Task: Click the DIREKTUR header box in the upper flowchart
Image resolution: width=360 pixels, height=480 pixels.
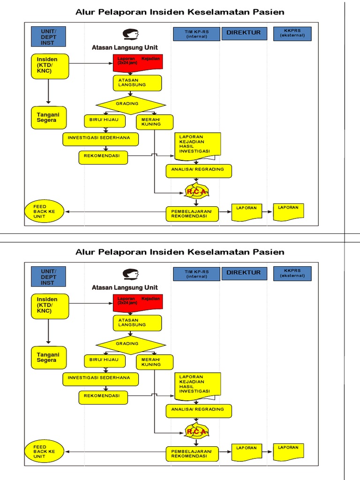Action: pos(244,33)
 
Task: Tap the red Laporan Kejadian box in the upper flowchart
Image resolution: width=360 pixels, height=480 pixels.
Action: pos(138,63)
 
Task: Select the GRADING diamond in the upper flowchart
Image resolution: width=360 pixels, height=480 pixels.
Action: pos(130,104)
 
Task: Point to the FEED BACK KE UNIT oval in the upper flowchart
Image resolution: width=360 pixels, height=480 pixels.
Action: pos(45,212)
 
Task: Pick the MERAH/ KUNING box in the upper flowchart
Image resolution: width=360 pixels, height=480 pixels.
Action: pos(154,122)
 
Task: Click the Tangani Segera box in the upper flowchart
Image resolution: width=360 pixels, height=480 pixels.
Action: pos(49,117)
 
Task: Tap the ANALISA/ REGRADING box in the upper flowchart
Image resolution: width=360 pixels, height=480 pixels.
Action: pos(199,170)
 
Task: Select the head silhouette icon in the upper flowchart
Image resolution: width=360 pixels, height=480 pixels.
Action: pos(131,34)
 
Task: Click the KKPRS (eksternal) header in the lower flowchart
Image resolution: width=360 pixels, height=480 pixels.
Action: pos(292,273)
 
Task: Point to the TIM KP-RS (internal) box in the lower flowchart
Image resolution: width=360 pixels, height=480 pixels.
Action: pos(196,274)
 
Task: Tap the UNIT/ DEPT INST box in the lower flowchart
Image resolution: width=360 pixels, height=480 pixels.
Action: pos(48,277)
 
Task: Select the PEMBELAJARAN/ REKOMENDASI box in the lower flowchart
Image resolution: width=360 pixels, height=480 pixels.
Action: pos(192,453)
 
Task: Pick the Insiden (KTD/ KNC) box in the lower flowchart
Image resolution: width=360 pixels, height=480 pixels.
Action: pos(49,306)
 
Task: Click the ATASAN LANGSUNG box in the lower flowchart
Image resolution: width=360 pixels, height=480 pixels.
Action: pos(137,323)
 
